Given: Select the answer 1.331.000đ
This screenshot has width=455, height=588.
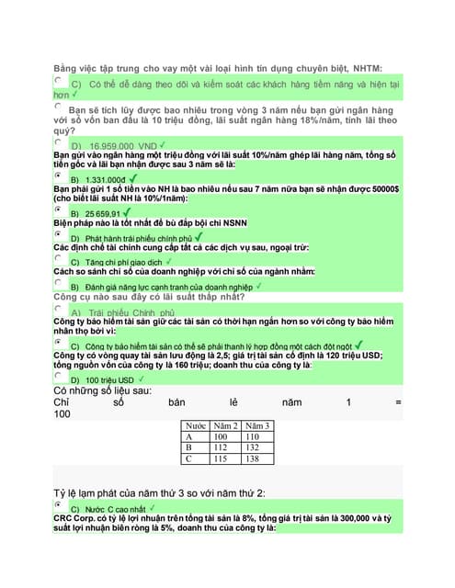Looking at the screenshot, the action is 105,179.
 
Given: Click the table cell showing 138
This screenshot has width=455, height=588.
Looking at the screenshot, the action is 256,458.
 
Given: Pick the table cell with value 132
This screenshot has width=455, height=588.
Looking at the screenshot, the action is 256,447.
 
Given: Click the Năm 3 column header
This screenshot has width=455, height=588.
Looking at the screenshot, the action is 256,426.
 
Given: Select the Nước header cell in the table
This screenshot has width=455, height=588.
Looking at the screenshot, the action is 196,426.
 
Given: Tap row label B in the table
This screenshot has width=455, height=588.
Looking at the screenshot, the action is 189,447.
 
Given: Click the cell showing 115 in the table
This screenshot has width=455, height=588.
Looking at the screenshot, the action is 222,458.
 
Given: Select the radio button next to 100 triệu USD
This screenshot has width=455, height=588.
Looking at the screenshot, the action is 59,375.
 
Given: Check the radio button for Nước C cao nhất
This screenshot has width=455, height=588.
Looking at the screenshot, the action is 59,504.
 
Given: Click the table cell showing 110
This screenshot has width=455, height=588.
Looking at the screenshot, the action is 256,437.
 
